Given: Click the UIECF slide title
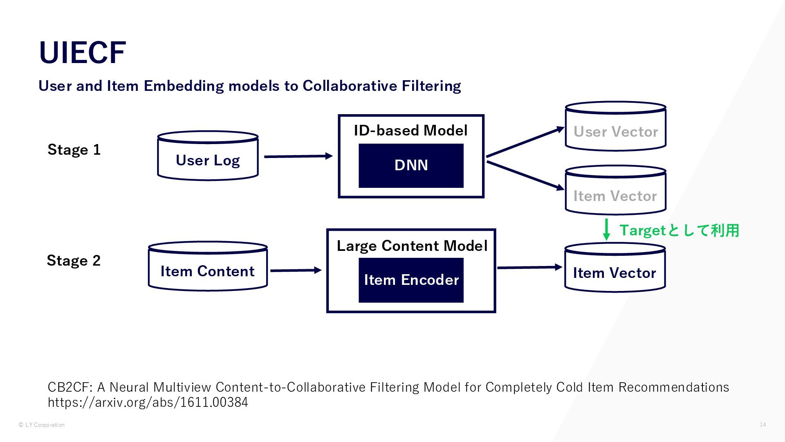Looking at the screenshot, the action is point(82,53).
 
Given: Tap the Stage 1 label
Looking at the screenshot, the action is point(74,150).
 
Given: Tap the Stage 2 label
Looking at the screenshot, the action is point(74,261).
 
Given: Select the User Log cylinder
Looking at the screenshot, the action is point(208,156).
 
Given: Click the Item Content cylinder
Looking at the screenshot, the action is point(208,266).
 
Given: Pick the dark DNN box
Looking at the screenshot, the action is point(411,166).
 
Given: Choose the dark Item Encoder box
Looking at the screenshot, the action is point(411,280).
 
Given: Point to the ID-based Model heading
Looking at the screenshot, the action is point(410,131).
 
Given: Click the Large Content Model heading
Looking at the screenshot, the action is point(412,246).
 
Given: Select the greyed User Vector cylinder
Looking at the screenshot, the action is point(615,126).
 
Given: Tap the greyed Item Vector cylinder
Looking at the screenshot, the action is point(615,190).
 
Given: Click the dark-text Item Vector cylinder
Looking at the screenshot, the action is point(615,267).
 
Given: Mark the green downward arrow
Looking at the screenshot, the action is point(607,230).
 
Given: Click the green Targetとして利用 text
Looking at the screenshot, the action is point(679,230).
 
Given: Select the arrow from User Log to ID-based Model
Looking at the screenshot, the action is point(298,156).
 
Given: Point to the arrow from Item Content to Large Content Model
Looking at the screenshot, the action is point(296,270).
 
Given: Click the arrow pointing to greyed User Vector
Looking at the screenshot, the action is point(525,142).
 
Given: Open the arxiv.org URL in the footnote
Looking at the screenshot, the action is point(148,402).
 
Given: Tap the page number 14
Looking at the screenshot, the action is point(763,424).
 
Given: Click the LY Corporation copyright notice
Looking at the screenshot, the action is point(42,425).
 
